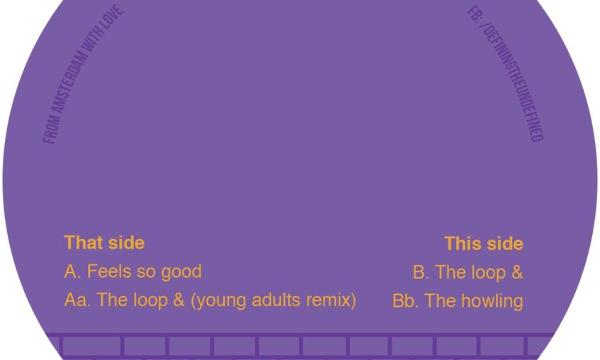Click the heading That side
point(104,243)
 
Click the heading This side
point(484,244)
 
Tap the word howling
point(492,301)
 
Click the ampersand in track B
point(517,272)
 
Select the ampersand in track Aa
point(179,300)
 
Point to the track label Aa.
point(78,300)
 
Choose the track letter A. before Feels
point(73,271)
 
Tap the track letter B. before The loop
point(421,272)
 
